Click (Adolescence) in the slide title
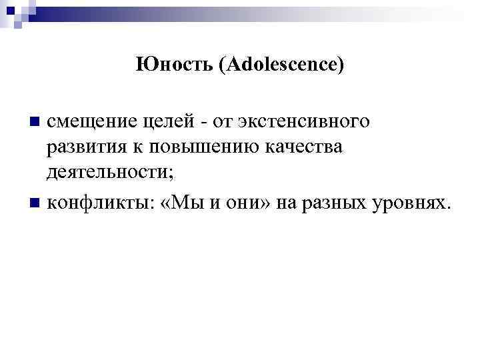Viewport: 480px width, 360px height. [x=281, y=65]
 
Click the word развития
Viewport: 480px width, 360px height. [x=81, y=148]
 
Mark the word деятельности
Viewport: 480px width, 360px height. [x=110, y=174]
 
